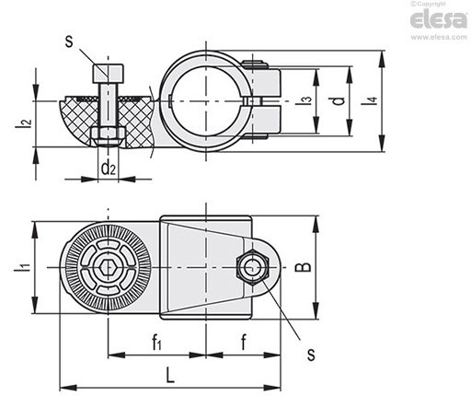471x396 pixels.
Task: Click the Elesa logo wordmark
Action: (439, 19)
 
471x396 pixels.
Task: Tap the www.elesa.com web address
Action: (439, 37)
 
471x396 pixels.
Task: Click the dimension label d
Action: (339, 101)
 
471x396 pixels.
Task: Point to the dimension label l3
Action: (304, 101)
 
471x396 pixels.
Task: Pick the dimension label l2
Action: (24, 122)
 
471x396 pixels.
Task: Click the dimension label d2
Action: (109, 169)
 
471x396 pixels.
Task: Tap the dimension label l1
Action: (23, 267)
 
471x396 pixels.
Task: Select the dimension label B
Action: (303, 267)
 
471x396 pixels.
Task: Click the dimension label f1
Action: (156, 343)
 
